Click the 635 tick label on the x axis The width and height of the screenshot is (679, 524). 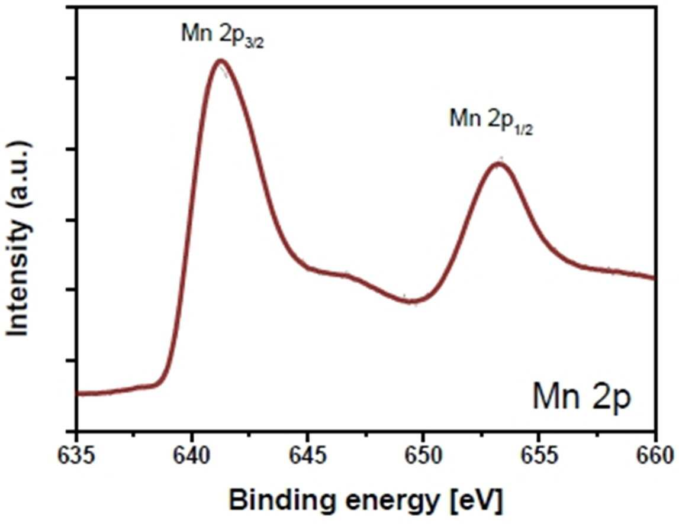tap(76, 455)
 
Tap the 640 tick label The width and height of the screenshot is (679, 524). tap(192, 455)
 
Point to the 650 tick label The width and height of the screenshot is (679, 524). tap(423, 455)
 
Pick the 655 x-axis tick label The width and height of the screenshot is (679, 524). tap(539, 455)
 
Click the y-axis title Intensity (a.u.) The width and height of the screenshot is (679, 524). tap(19, 238)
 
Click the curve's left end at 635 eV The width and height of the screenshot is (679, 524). tap(78, 394)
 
